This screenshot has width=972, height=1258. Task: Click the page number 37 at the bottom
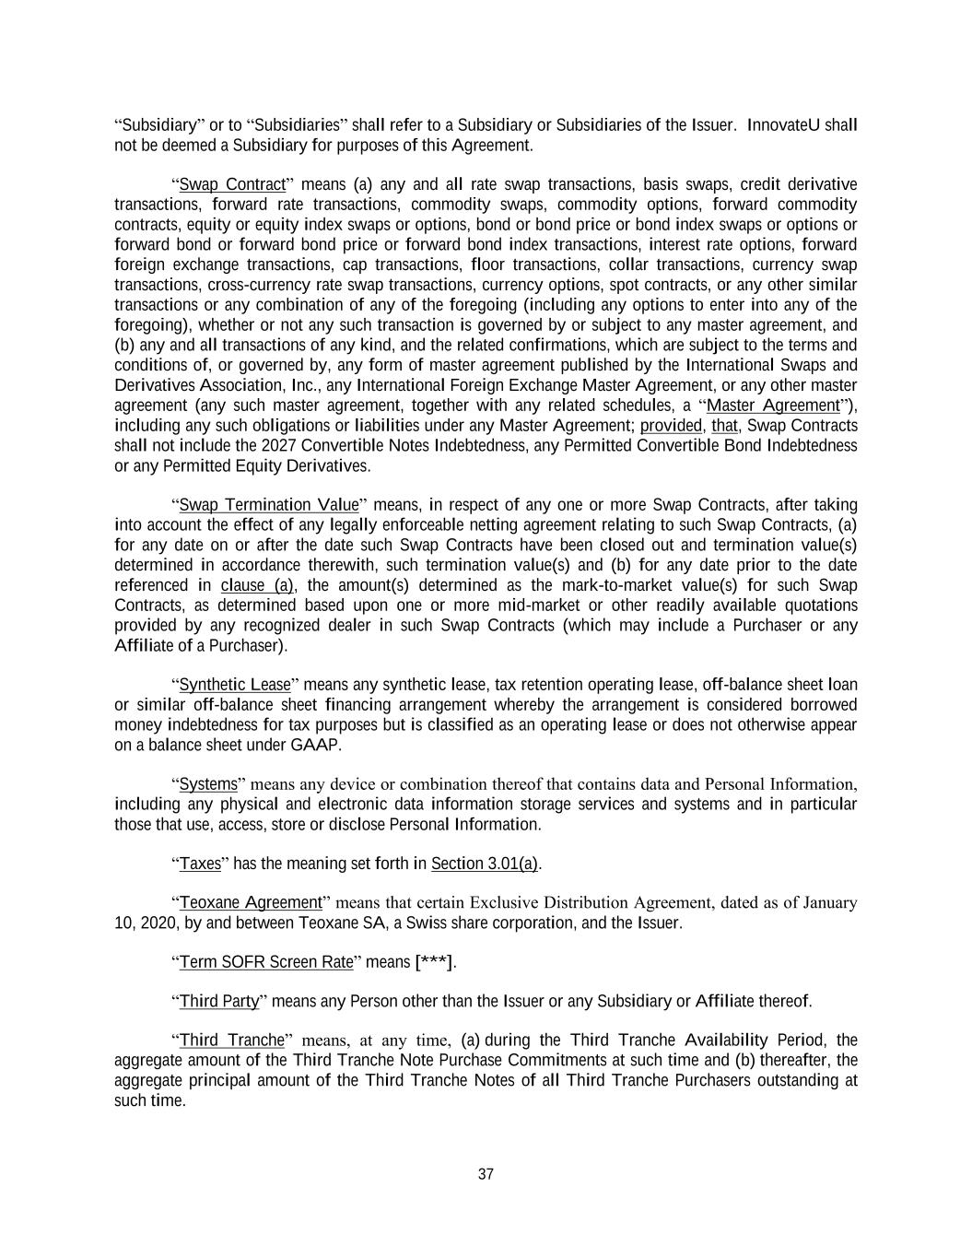tap(486, 1174)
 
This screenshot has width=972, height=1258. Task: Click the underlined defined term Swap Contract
tap(232, 184)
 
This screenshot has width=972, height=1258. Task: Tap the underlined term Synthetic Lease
tap(234, 685)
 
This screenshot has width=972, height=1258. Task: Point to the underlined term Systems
tap(208, 784)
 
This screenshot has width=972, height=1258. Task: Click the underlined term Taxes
tap(200, 864)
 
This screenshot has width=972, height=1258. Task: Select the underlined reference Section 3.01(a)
tap(485, 864)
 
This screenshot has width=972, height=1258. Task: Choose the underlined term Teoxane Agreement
tap(251, 902)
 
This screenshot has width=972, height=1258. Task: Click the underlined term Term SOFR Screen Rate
tap(266, 962)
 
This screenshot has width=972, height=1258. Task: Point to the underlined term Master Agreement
tap(773, 406)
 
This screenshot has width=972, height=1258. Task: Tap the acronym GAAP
tap(315, 745)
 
